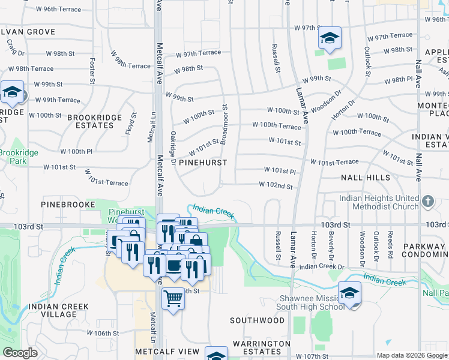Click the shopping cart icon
173,298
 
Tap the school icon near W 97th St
329,38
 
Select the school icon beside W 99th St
12,92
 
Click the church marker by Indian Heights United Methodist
427,202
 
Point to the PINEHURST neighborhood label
203,163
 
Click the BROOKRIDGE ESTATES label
94,121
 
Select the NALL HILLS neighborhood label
365,178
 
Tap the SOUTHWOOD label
258,320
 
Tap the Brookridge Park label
20,157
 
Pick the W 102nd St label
276,186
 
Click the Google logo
20,353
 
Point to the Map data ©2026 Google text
411,355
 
